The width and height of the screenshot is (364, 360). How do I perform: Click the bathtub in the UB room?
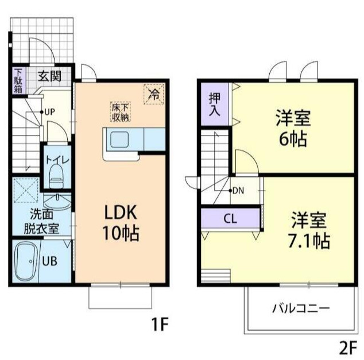click(25, 260)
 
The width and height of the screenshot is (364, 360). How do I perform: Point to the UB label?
click(50, 260)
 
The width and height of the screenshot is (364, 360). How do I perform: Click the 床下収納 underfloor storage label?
click(120, 112)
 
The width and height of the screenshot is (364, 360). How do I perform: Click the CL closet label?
click(230, 218)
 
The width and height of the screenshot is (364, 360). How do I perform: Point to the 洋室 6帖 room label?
click(293, 128)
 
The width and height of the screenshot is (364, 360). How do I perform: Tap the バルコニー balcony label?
click(301, 308)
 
